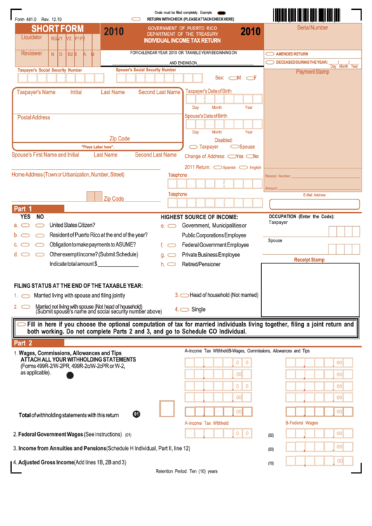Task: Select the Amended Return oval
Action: pos(270,53)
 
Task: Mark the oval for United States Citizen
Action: pos(25,225)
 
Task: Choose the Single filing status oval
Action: pos(183,309)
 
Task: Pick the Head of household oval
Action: pos(184,296)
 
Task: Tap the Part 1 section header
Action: pos(23,209)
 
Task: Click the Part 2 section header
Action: pos(23,343)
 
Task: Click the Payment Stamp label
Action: pos(312,72)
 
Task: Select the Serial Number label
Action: pos(312,27)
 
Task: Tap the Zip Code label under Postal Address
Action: pos(119,138)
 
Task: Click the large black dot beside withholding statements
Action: pos(69,376)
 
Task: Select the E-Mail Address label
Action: pos(314,195)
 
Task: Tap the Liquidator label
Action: pos(32,37)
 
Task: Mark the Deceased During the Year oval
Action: pos(270,62)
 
